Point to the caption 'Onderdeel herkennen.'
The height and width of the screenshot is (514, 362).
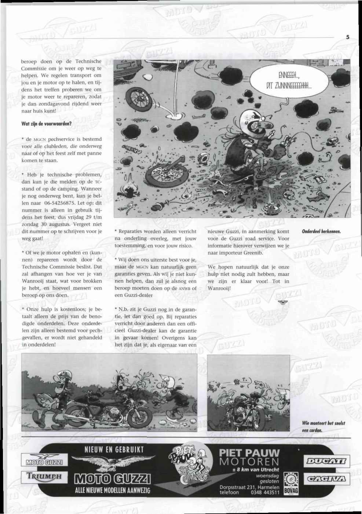[321, 231]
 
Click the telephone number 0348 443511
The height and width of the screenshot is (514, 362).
[265, 493]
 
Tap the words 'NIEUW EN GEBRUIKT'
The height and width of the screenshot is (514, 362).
[111, 449]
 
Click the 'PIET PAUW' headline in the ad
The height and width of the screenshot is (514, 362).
[249, 452]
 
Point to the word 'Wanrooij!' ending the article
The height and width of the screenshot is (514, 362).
[219, 288]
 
